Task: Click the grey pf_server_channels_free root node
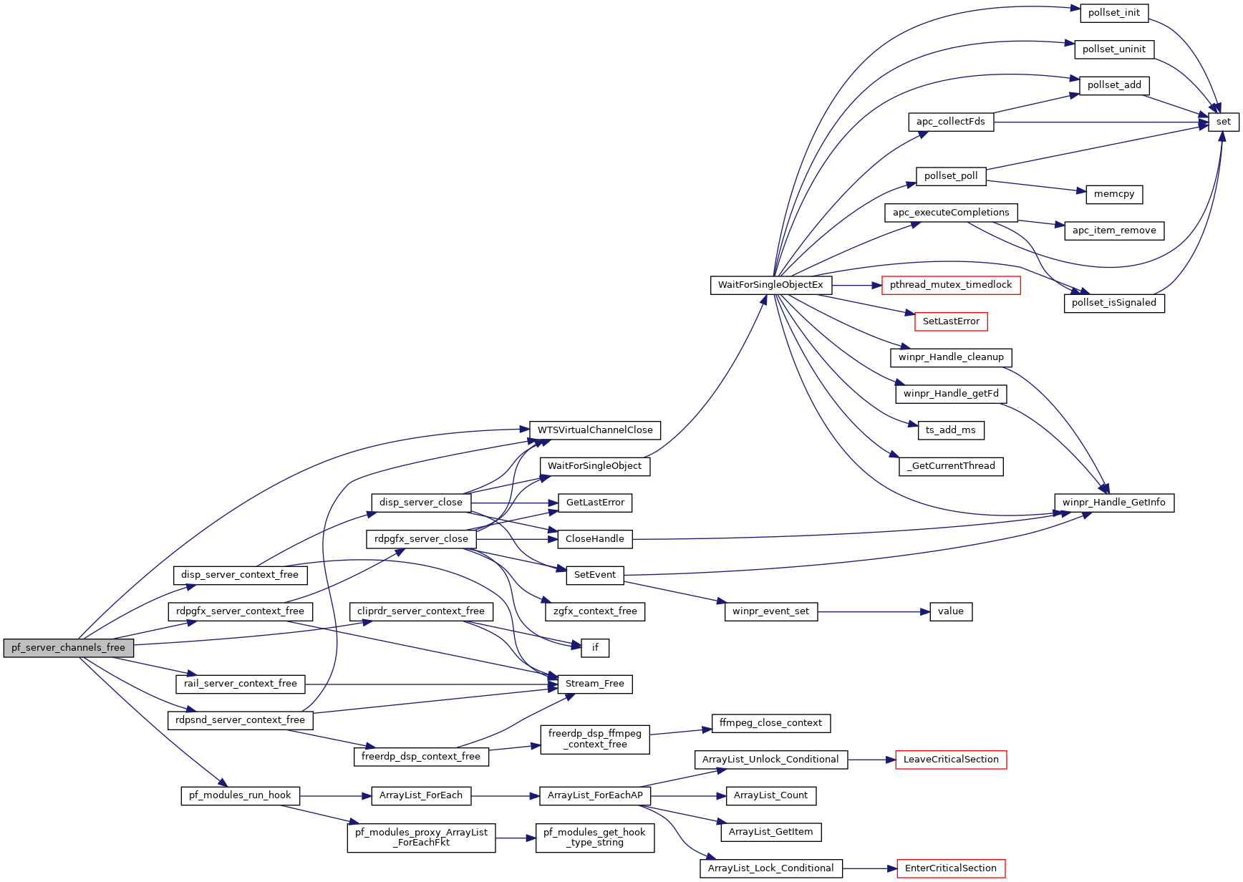pyautogui.click(x=68, y=648)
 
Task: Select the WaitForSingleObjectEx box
pyautogui.click(x=770, y=285)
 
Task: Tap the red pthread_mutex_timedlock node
pyautogui.click(x=950, y=285)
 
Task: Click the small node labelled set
pyautogui.click(x=1223, y=122)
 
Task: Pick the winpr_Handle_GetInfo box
pyautogui.click(x=1113, y=503)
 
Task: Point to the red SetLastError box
pyautogui.click(x=950, y=321)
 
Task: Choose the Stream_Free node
pyautogui.click(x=594, y=684)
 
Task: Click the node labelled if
pyautogui.click(x=594, y=648)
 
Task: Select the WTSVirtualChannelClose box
pyautogui.click(x=594, y=430)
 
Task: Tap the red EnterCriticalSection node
pyautogui.click(x=950, y=868)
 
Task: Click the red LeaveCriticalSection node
pyautogui.click(x=950, y=760)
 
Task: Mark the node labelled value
pyautogui.click(x=950, y=611)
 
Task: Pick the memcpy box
pyautogui.click(x=1113, y=194)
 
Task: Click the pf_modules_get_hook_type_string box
pyautogui.click(x=594, y=837)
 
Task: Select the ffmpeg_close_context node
pyautogui.click(x=770, y=723)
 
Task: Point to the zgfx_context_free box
pyautogui.click(x=594, y=611)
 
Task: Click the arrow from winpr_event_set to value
pyautogui.click(x=874, y=612)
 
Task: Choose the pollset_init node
pyautogui.click(x=1113, y=13)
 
